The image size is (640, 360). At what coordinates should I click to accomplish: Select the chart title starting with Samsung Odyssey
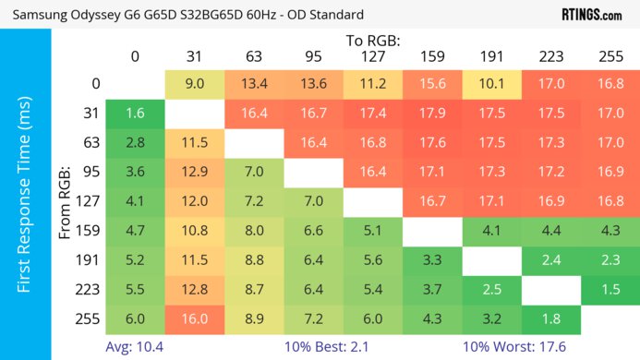pos(186,15)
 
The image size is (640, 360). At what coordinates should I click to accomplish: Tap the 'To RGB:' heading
pos(374,41)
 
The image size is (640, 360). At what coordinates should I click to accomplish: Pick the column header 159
pos(431,56)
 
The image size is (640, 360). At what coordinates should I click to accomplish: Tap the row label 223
pos(91,289)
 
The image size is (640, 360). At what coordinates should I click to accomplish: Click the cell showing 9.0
pos(194,84)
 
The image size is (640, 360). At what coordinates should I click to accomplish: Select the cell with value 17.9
pos(431,114)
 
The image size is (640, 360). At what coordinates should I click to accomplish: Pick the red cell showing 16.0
pos(194,318)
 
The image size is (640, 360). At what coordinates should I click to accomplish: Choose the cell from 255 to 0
pos(135,318)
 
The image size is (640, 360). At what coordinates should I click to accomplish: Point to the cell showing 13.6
pos(313,84)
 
